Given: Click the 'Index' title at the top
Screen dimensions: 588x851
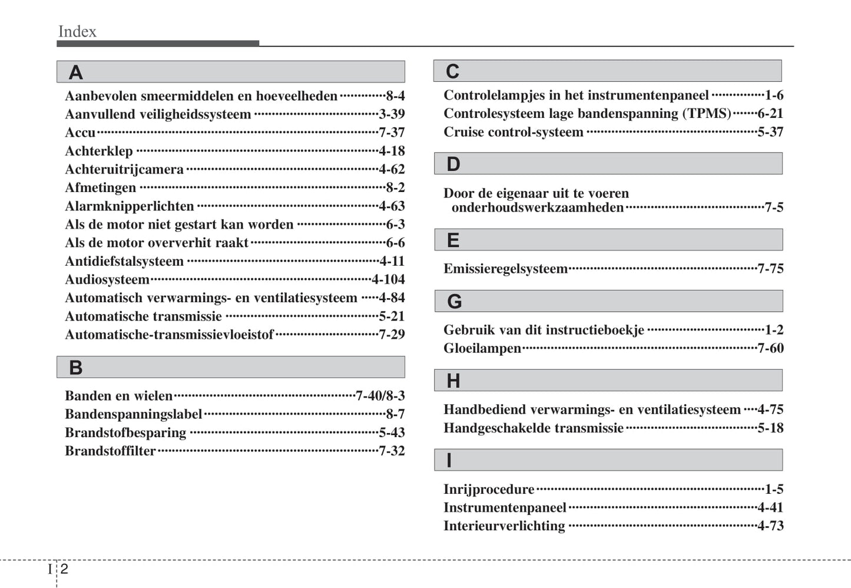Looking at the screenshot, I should tap(77, 31).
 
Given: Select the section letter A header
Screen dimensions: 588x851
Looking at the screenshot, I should tap(75, 72).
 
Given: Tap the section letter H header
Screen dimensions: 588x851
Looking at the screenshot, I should tap(453, 381).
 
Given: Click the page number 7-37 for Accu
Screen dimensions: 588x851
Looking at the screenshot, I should tap(392, 133).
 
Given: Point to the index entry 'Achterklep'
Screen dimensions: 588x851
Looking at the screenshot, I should tap(98, 151).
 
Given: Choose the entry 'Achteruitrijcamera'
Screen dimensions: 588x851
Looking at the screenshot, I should tap(124, 170).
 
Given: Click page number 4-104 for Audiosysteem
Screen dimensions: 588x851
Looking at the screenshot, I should tap(388, 279).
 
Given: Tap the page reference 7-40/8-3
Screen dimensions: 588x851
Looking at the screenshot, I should tap(380, 395).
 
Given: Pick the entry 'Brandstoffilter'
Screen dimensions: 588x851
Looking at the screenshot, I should tap(110, 451).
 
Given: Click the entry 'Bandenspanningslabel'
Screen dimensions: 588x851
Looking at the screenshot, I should tap(133, 414).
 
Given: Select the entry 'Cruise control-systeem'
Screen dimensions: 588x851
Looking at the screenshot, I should tap(513, 132).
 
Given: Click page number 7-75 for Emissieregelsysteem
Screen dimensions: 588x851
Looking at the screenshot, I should tap(770, 269).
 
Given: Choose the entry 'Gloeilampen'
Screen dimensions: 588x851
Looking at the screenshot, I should tap(482, 348).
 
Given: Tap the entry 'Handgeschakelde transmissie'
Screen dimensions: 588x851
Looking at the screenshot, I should tap(533, 428).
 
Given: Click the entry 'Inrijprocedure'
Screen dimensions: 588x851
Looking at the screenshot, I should tap(488, 489).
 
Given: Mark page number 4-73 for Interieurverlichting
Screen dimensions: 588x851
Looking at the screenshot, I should tap(770, 526).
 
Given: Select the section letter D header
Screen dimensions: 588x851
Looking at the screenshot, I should tap(453, 164).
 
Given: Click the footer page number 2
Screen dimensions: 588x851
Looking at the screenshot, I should tap(64, 569).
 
